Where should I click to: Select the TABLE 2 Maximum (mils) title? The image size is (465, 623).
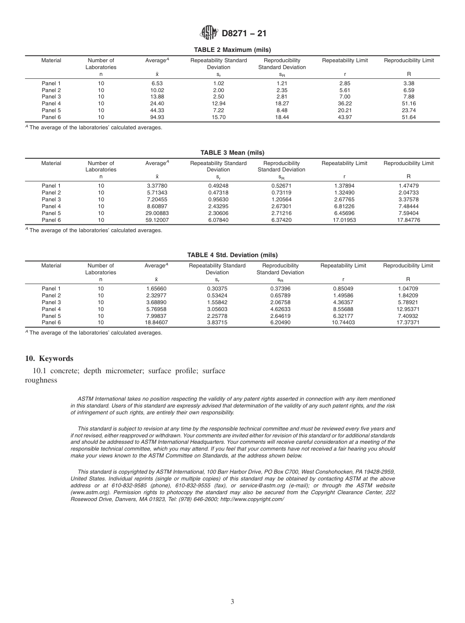coord(232,50)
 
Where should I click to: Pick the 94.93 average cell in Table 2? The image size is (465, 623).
coord(157,118)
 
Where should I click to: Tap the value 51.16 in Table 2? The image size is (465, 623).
coord(408,104)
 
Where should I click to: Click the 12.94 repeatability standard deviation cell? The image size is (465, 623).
coord(218,104)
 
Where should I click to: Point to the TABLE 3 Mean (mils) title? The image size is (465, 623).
coord(232,153)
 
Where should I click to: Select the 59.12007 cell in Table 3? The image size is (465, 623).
coord(157,220)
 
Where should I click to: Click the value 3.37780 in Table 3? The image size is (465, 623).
coord(157,186)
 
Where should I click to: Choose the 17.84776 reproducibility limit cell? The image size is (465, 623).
coord(408,220)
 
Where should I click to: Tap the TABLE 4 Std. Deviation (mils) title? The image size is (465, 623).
coord(232,255)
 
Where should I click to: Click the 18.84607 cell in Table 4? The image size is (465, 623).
coord(157,323)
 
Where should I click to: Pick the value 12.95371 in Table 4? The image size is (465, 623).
coord(408,309)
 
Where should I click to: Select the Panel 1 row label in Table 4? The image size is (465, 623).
coord(51,288)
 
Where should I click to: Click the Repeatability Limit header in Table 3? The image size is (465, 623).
coord(344,163)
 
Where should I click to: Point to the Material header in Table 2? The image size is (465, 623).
coord(51,61)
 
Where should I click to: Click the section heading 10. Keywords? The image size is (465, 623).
coord(49,359)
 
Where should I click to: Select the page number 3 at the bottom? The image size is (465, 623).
coord(232,601)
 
